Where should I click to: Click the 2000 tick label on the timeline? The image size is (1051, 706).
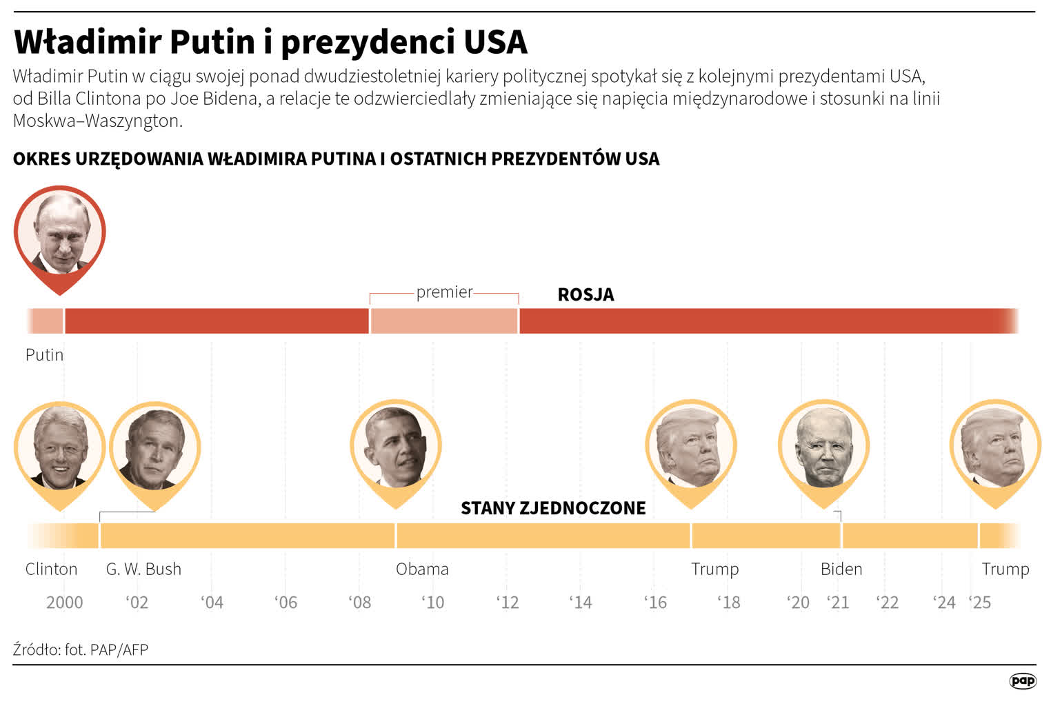(x=64, y=603)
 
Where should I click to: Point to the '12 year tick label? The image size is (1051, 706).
(x=507, y=603)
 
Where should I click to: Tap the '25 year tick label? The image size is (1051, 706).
(x=979, y=603)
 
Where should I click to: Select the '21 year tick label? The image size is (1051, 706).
(x=838, y=603)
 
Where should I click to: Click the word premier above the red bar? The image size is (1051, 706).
(x=444, y=292)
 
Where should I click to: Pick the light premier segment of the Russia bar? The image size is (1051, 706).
(x=444, y=321)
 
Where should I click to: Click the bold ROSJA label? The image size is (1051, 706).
(x=585, y=294)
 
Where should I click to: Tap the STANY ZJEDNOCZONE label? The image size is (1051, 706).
(x=553, y=508)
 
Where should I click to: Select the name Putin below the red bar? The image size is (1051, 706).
(x=44, y=354)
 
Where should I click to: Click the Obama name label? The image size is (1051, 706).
(x=422, y=569)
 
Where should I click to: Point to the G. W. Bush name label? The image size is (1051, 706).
(x=143, y=569)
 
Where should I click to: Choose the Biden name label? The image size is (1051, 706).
(x=841, y=569)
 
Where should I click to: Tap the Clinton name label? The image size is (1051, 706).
(x=51, y=569)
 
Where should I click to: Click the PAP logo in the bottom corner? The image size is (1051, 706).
(x=1022, y=681)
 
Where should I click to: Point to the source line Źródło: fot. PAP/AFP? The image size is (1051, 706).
(x=80, y=649)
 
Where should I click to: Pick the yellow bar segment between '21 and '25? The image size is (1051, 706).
(x=910, y=536)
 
